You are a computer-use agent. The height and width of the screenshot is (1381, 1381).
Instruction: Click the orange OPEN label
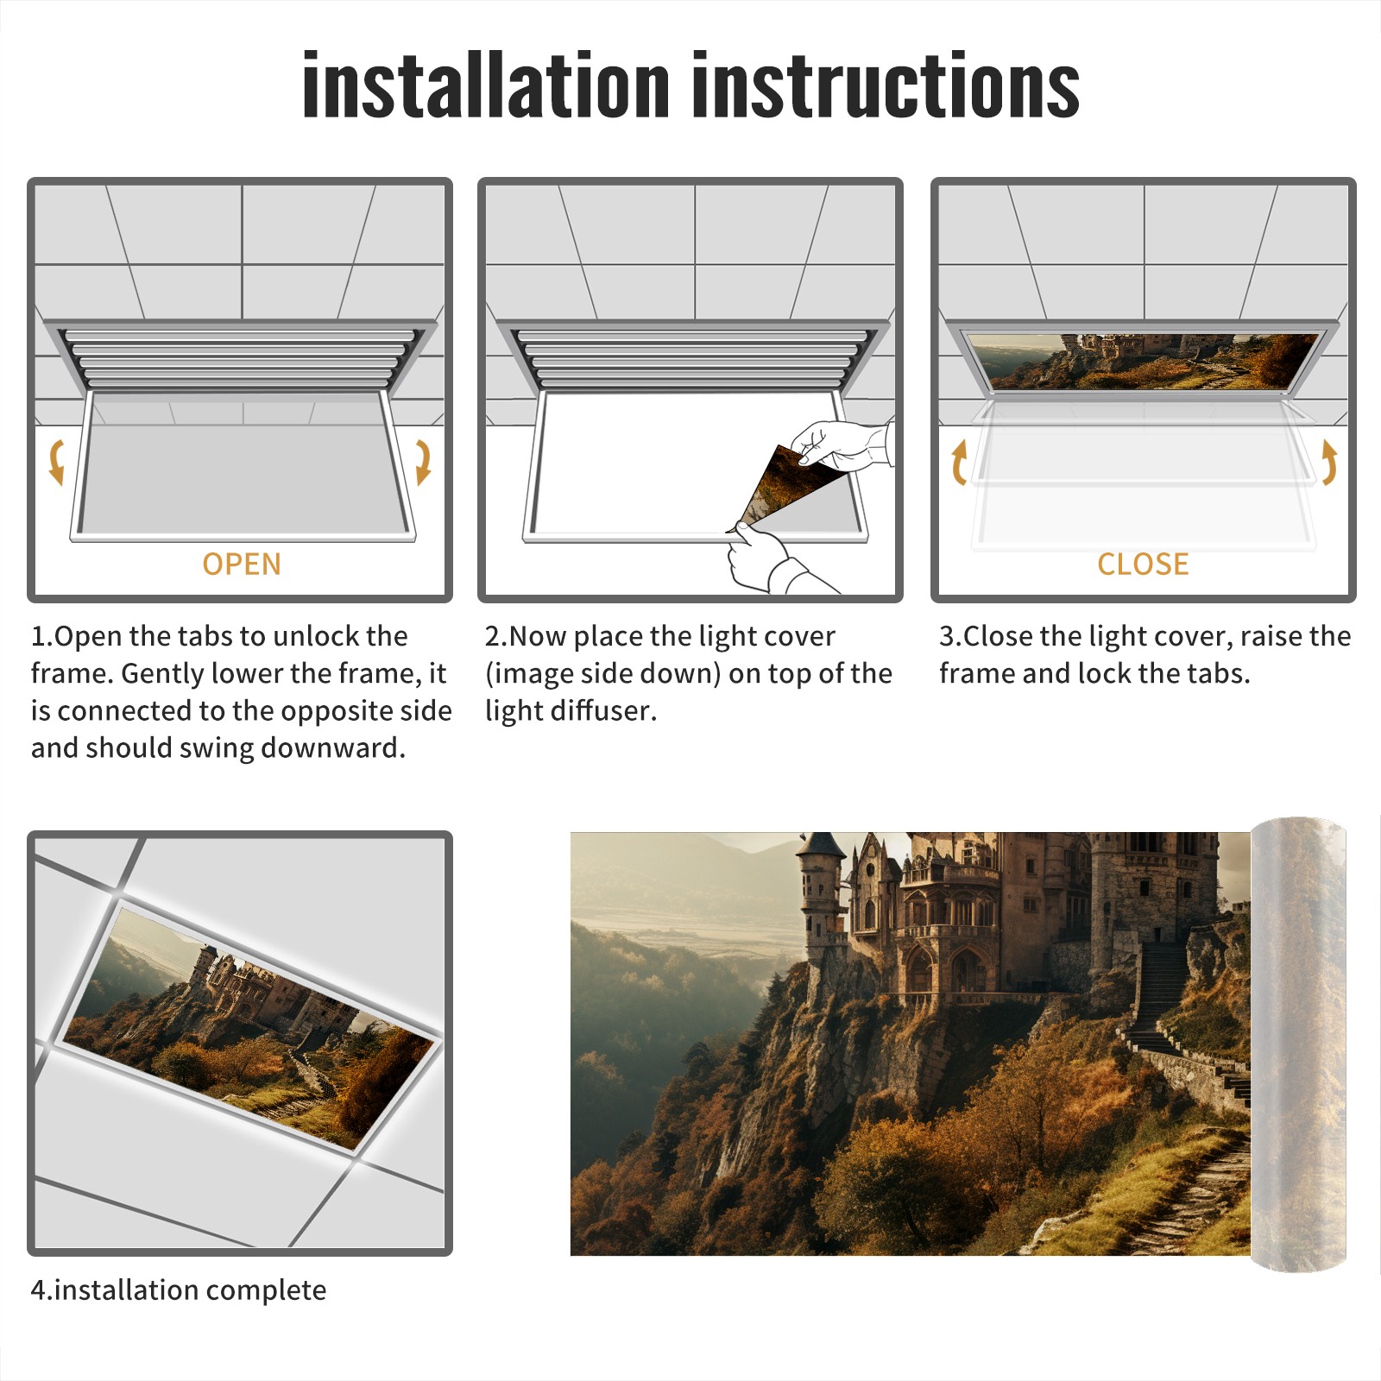tap(242, 564)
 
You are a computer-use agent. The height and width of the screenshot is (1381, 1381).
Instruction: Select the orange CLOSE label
tap(1143, 564)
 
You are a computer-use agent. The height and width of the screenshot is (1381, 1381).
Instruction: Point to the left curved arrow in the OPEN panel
tap(57, 462)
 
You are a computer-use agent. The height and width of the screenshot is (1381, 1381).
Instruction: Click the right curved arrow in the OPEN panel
tap(423, 462)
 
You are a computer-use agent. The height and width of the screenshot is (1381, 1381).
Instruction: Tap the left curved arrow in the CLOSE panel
tap(959, 462)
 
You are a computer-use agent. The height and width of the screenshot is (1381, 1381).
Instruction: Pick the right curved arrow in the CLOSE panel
tap(1329, 462)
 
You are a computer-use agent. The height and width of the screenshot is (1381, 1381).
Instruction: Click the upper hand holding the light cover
tap(842, 445)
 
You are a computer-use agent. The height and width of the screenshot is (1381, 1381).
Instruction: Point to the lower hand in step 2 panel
tap(772, 561)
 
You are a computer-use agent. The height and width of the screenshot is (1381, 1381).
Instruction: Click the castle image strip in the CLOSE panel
tap(1144, 360)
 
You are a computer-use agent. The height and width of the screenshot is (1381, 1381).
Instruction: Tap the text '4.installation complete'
tap(179, 1290)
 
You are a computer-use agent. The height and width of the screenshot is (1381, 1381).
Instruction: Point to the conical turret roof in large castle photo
tap(821, 844)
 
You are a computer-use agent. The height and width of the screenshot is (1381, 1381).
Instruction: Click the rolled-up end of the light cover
tap(1298, 1044)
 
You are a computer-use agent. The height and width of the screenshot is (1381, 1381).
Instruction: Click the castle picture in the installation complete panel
tap(250, 1027)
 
